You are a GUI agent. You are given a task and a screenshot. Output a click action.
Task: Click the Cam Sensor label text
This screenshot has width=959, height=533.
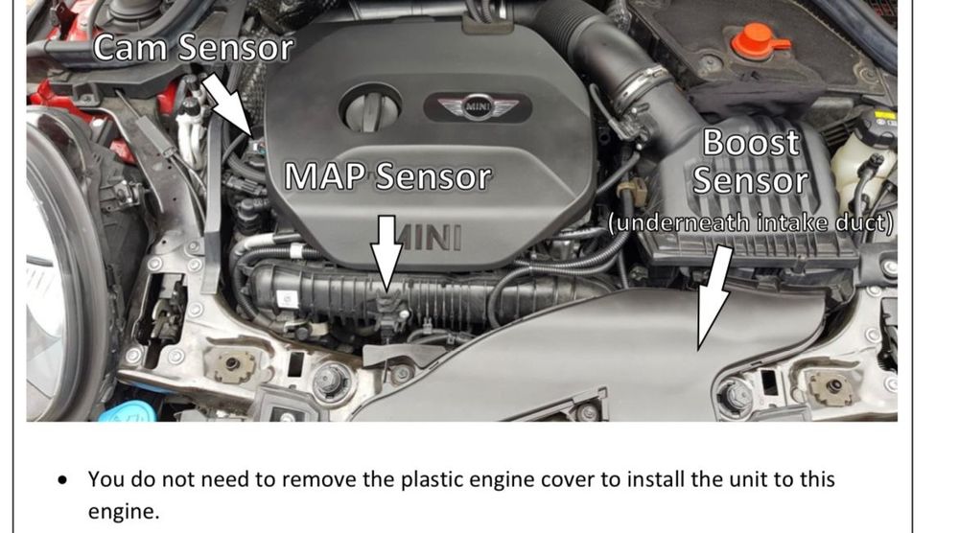pyautogui.click(x=193, y=47)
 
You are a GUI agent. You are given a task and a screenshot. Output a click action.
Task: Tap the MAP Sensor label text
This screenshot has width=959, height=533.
pyautogui.click(x=387, y=176)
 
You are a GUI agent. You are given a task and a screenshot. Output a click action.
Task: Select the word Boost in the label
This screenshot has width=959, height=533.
pyautogui.click(x=751, y=143)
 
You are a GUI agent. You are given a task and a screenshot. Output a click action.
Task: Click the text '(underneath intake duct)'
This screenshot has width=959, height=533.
pyautogui.click(x=751, y=222)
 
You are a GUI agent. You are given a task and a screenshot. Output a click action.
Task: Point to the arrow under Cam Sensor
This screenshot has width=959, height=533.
pyautogui.click(x=227, y=104)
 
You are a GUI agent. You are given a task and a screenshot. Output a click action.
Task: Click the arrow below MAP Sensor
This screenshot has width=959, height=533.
pyautogui.click(x=386, y=254)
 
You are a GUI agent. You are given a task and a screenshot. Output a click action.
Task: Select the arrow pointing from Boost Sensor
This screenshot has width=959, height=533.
pyautogui.click(x=713, y=298)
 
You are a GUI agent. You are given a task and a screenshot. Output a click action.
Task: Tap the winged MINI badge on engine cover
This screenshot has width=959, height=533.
pyautogui.click(x=477, y=107)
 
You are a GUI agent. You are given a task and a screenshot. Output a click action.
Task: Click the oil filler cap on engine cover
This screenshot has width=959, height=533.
pyautogui.click(x=370, y=108)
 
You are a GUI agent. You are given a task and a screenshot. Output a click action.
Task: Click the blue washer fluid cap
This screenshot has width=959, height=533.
pyautogui.click(x=129, y=412)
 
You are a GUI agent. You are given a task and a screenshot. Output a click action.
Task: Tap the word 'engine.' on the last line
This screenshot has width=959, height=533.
pyautogui.click(x=124, y=512)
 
